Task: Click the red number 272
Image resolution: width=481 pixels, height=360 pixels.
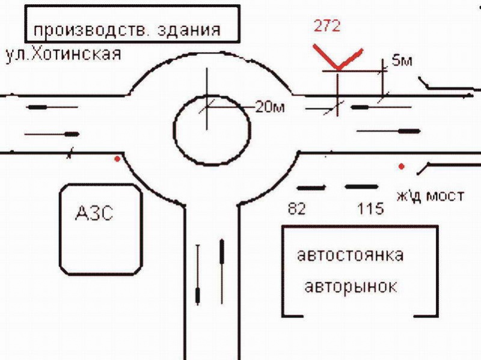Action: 328,26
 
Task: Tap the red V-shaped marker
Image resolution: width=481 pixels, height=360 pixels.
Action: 338,60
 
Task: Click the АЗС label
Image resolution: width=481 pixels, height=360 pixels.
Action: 95,213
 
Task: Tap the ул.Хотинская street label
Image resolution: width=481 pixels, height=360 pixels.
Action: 63,54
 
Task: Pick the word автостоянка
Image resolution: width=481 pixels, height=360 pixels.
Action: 350,255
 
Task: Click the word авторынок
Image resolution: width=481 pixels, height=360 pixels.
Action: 351,286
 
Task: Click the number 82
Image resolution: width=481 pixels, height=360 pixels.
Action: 297,209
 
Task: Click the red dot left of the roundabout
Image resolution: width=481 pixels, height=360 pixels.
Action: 117,159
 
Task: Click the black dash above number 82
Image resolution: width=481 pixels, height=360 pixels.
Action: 311,188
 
